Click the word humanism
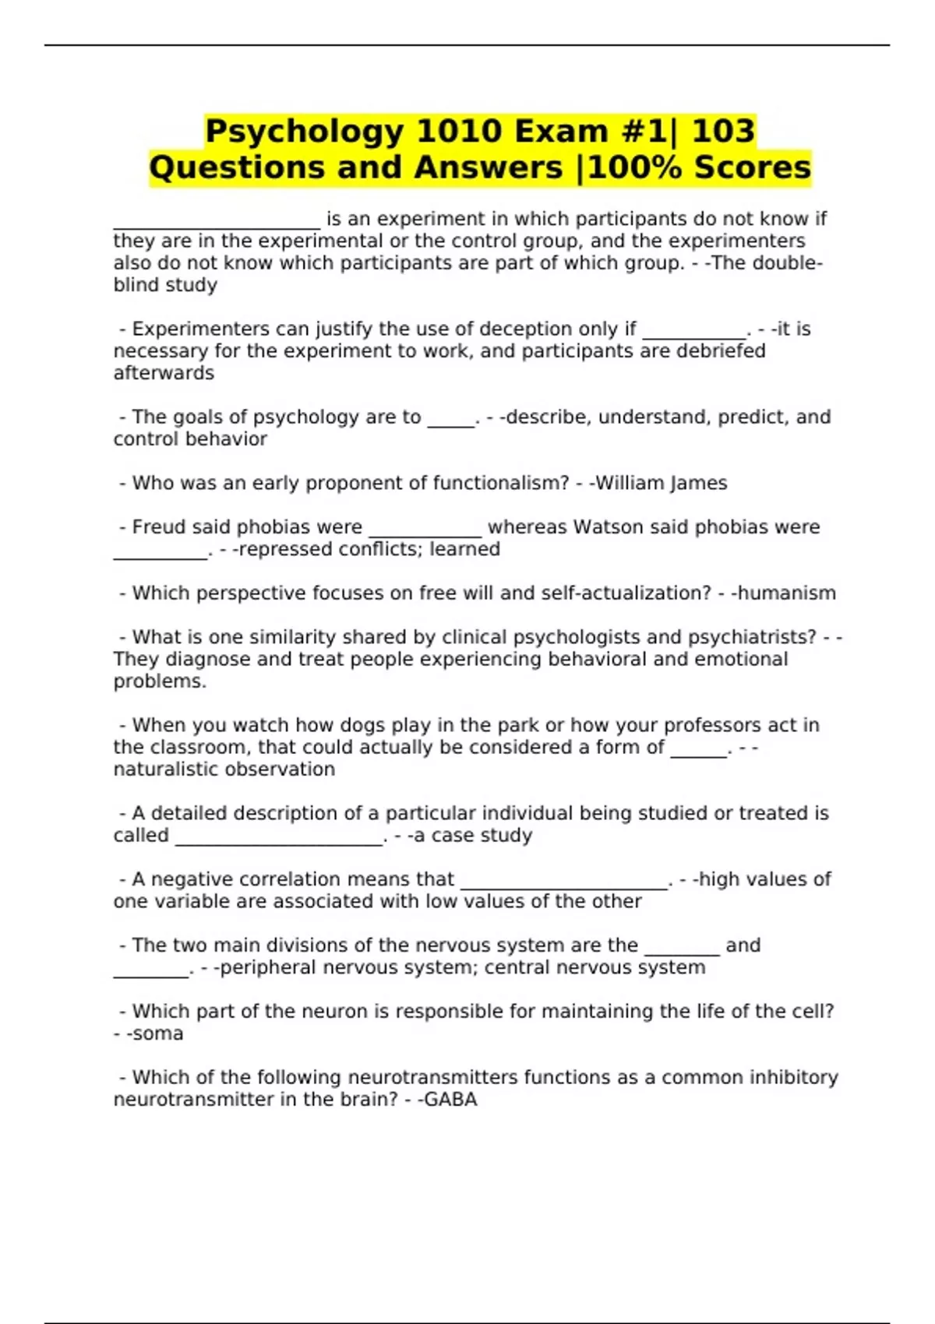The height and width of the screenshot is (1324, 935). click(786, 593)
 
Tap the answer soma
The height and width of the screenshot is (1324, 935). click(158, 1033)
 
